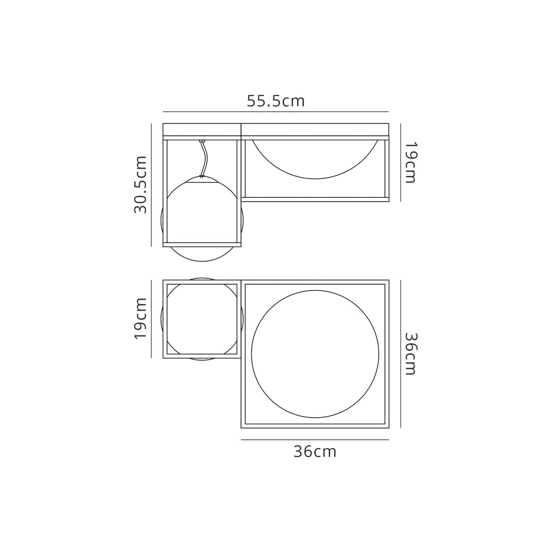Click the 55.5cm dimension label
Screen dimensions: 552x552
pos(275,101)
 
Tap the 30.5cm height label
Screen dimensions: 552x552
pos(140,184)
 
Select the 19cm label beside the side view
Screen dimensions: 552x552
pos(410,162)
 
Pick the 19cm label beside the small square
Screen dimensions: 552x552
pos(140,318)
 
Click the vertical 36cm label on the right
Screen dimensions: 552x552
pos(410,354)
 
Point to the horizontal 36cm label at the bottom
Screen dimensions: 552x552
pos(315,451)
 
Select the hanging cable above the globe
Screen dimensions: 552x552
pos(203,159)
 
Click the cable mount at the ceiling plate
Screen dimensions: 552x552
pos(202,141)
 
